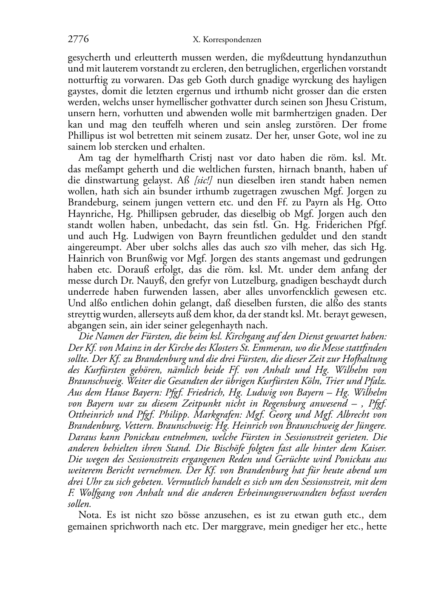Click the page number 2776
(78, 39)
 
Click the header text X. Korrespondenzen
(227, 40)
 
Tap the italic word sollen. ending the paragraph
(79, 504)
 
